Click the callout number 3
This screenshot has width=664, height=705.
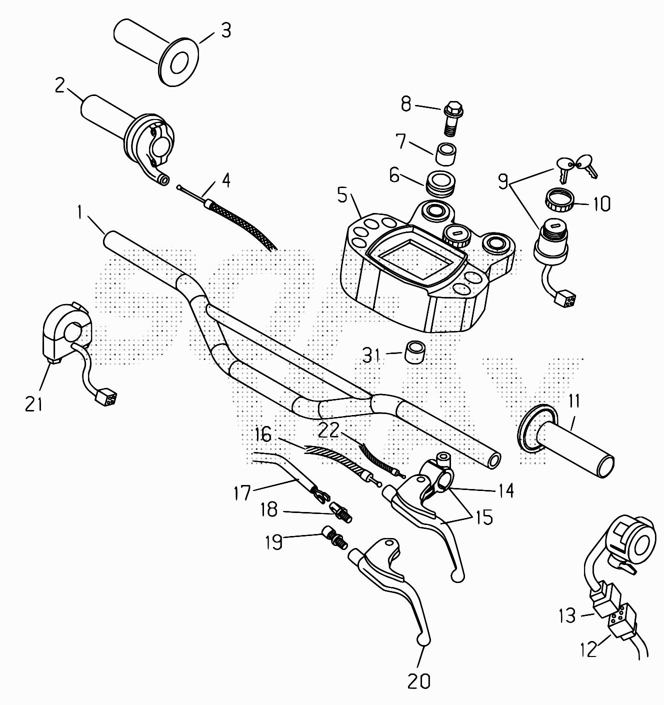[226, 31]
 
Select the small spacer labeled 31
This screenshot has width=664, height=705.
[414, 353]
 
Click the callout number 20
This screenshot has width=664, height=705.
[418, 680]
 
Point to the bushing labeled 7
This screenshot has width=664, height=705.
[447, 153]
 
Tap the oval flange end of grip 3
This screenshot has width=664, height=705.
[178, 63]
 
